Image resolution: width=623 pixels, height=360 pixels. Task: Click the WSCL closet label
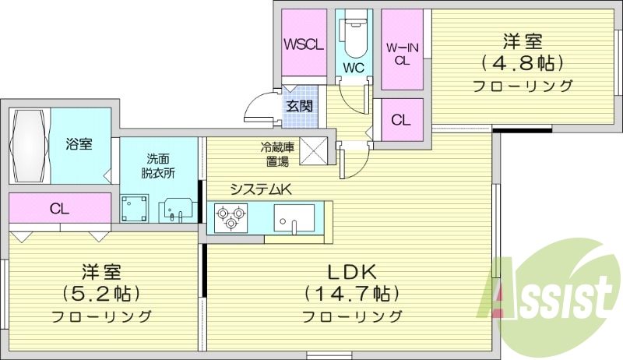(x=304, y=44)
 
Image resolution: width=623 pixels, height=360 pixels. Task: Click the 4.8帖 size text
(x=522, y=62)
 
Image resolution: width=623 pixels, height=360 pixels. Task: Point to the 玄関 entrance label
(x=299, y=105)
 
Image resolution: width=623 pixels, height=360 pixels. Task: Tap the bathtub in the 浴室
(x=30, y=145)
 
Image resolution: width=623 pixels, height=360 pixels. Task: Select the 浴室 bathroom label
(x=79, y=144)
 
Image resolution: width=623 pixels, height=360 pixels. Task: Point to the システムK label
(x=259, y=188)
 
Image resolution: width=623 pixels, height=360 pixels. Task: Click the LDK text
(x=351, y=272)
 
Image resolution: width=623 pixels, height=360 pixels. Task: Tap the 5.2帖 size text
(x=102, y=294)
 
